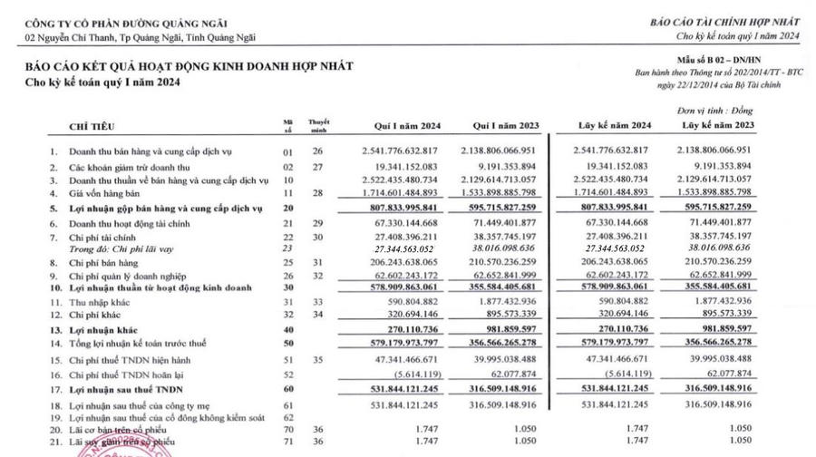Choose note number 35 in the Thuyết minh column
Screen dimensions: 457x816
coord(316,360)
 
